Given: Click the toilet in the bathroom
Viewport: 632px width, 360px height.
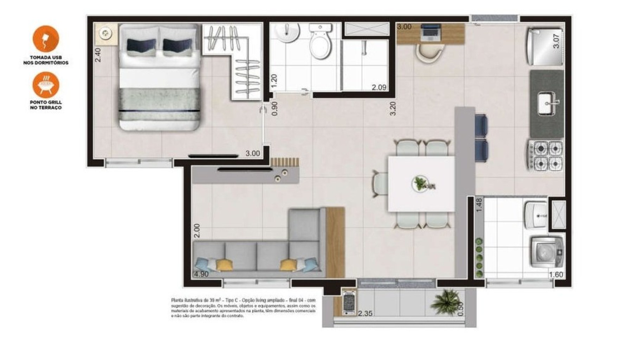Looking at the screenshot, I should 320,42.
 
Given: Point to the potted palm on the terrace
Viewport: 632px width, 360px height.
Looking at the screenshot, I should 446,301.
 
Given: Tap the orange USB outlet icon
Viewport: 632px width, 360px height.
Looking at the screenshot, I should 46,38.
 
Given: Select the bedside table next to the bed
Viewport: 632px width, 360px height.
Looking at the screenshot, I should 105,34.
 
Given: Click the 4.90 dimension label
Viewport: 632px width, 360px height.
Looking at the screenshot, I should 201,274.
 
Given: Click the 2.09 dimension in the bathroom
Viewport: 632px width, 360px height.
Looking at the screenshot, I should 379,88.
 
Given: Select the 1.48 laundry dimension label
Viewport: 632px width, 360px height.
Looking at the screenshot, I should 479,205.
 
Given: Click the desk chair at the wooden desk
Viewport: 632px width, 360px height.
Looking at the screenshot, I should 429,53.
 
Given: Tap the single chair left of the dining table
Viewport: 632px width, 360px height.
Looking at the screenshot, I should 380,184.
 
